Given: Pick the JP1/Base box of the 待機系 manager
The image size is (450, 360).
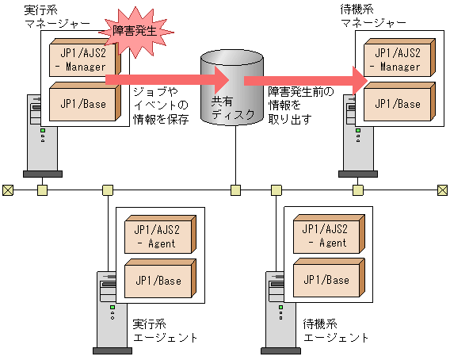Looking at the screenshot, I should tap(397, 102).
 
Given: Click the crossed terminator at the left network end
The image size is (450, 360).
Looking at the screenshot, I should tap(7, 190).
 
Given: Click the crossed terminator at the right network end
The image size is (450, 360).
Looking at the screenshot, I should tap(443, 190).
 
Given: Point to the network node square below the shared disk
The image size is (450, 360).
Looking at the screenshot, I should tap(235, 190).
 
